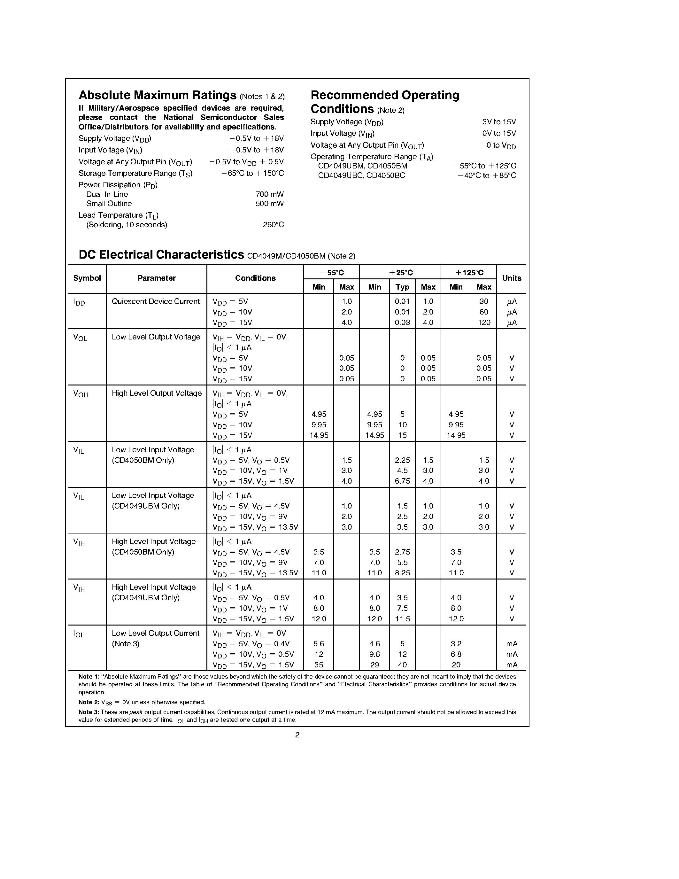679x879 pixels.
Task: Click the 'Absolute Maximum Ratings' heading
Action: point(157,95)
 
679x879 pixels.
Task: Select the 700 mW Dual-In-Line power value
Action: point(269,194)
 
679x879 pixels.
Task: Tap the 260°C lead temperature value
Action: point(273,225)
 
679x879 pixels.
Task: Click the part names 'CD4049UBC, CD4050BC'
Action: point(361,176)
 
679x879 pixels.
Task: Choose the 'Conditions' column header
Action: point(255,278)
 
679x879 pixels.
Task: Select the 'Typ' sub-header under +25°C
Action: point(402,287)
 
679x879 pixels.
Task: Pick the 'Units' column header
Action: point(511,278)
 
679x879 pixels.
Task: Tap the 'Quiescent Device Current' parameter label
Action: point(156,301)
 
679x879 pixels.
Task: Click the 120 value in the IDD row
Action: point(484,323)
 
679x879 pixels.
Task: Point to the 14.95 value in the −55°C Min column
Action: point(319,435)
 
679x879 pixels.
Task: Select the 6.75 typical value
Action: point(402,481)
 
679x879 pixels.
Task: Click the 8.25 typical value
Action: point(402,573)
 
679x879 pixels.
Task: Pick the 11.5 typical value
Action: point(402,618)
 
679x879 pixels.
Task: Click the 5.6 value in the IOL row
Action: point(319,643)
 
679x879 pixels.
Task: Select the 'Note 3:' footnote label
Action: point(89,712)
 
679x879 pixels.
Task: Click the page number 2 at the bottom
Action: point(297,735)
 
